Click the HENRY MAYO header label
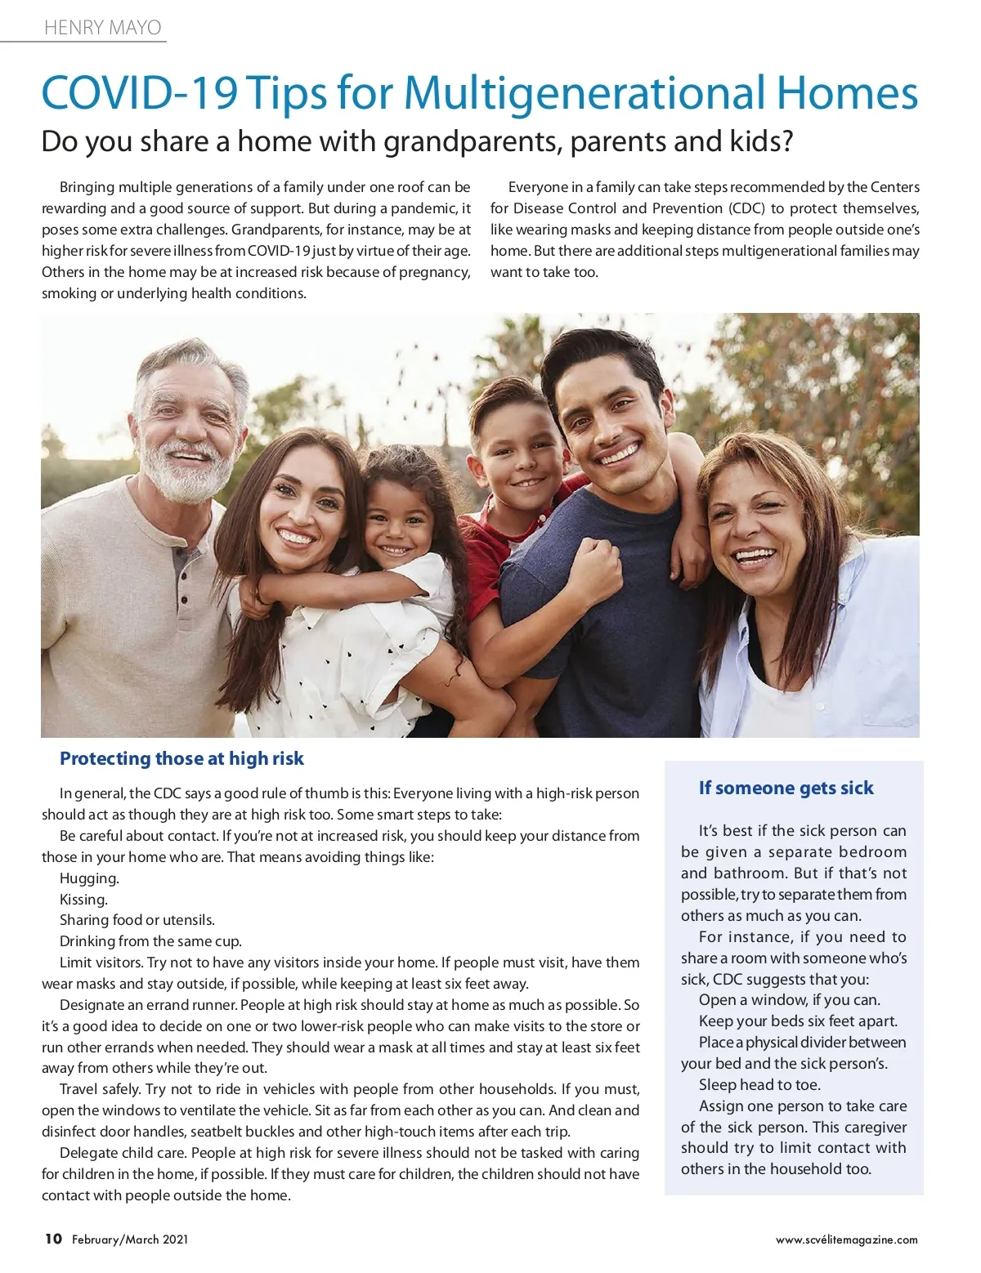(x=103, y=28)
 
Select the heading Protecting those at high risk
(x=181, y=758)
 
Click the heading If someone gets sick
(x=786, y=788)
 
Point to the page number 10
(x=53, y=1239)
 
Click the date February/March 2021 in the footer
(x=130, y=1239)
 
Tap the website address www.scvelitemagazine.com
(x=846, y=1239)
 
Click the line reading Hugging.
(x=89, y=878)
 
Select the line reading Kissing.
(x=83, y=900)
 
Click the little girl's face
(x=398, y=523)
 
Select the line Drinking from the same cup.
(x=150, y=941)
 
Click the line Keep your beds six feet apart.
(x=798, y=1021)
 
